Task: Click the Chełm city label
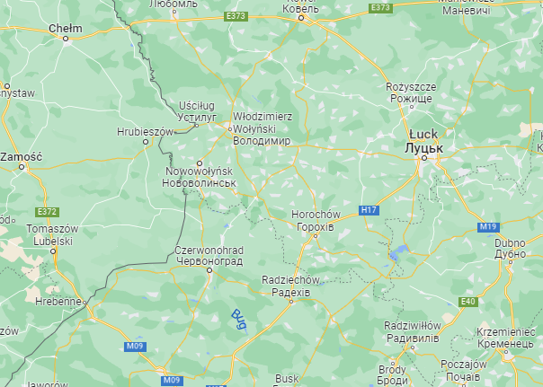point(66,28)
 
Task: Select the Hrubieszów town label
point(144,131)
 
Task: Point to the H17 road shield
point(368,210)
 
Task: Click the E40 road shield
point(467,302)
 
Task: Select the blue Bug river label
point(239,318)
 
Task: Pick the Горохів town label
point(316,227)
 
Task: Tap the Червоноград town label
point(209,260)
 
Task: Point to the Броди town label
point(392,381)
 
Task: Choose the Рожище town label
point(411,98)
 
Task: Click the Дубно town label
point(509,254)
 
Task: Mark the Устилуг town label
point(198,117)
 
